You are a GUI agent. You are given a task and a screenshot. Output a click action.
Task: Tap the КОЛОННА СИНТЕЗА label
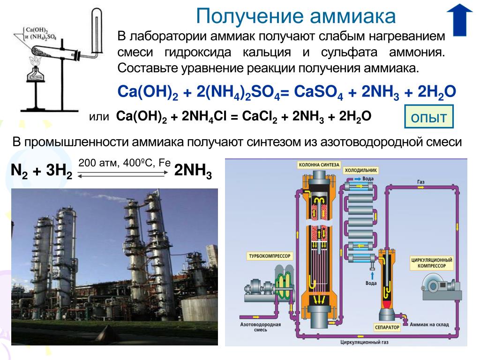coord(317,165)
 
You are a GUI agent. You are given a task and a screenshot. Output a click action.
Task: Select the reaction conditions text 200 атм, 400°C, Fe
coord(124,164)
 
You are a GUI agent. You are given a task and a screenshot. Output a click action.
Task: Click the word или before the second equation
coord(99,116)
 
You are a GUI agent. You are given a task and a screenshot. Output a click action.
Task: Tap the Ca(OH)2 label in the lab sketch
coord(33,28)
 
